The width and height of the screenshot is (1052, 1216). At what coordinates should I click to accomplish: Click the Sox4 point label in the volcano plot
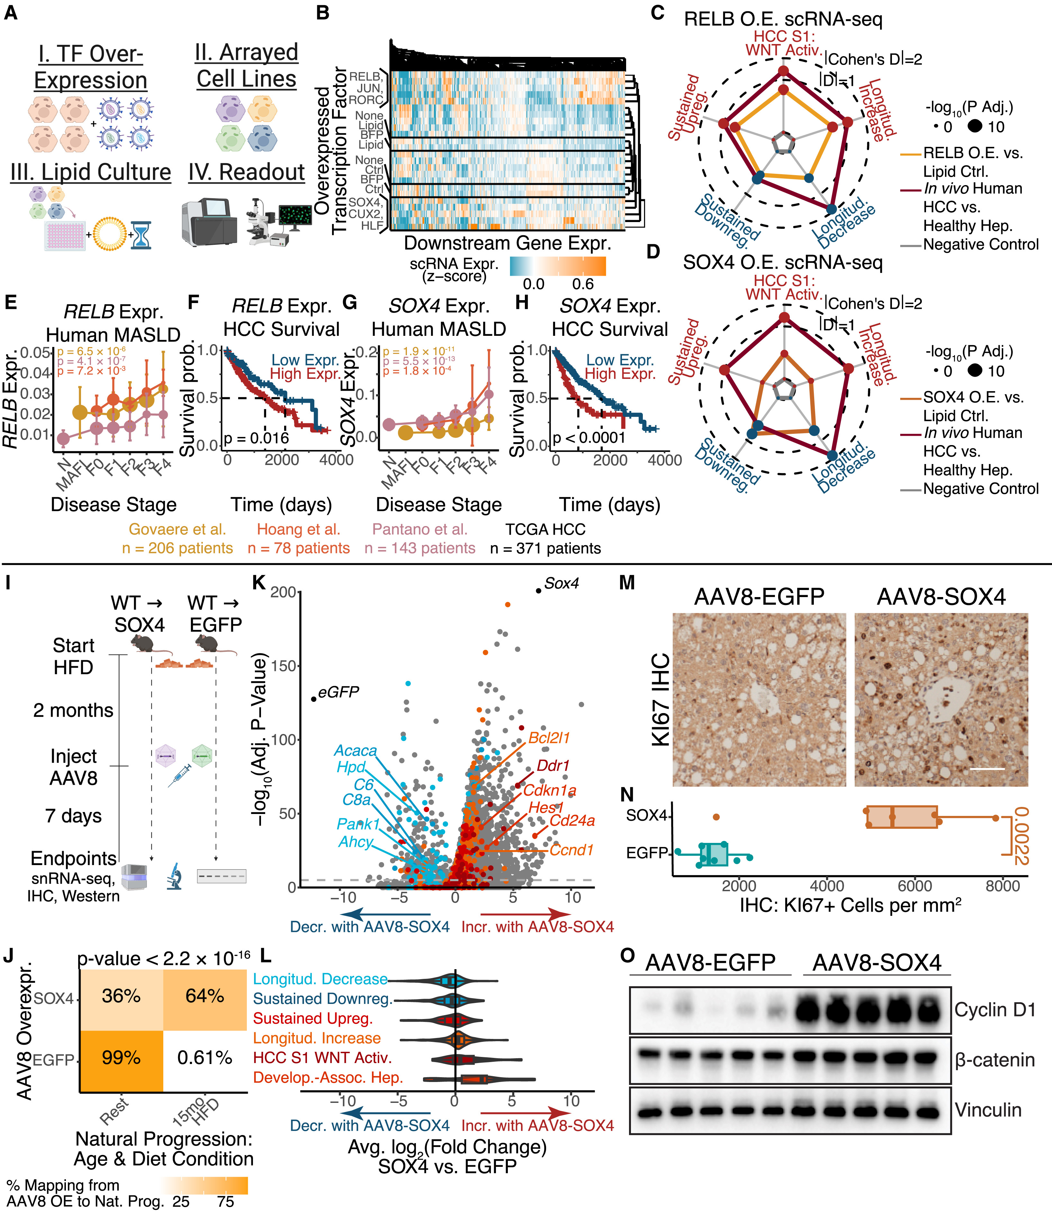561,583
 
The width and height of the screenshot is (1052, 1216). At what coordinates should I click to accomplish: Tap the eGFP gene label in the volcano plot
339,693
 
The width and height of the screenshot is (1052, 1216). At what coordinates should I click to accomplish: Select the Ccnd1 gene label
571,850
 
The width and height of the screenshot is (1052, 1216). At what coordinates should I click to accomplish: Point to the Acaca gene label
355,751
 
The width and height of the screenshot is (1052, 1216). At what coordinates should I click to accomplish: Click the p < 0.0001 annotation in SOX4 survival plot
589,438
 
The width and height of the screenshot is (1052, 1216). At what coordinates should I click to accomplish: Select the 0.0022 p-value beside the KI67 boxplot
1021,836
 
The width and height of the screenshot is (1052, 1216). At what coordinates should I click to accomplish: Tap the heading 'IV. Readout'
247,173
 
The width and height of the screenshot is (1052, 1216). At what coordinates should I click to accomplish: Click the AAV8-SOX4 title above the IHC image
941,597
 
